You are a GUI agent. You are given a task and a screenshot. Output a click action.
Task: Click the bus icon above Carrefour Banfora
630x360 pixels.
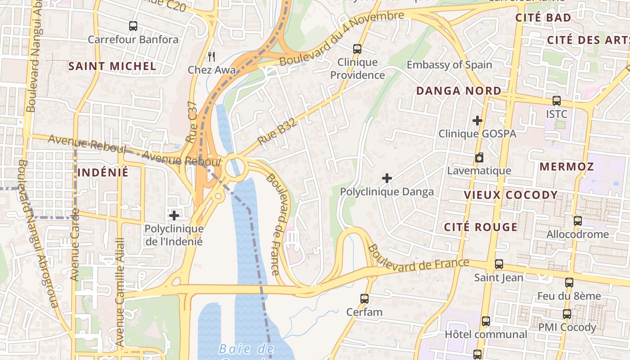[x=133, y=26]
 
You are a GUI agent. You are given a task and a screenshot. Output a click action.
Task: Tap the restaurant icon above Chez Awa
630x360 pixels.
[x=211, y=56]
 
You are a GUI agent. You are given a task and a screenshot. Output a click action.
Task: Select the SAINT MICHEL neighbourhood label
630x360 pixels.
[x=112, y=66]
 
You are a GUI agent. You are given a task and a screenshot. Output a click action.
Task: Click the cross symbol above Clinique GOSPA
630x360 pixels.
[x=477, y=121]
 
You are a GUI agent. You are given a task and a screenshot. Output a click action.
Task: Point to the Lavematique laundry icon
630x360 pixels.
[x=479, y=158]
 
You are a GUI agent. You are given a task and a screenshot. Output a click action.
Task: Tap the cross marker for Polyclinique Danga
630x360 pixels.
[x=387, y=179]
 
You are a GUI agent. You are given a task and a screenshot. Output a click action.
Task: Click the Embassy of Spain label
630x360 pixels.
[x=449, y=65]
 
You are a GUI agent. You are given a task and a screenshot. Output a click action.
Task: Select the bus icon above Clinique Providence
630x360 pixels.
[x=357, y=49]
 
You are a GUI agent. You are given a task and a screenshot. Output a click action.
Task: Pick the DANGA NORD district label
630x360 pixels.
[x=459, y=91]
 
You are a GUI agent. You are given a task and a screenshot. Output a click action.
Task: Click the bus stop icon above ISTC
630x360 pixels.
[x=557, y=101]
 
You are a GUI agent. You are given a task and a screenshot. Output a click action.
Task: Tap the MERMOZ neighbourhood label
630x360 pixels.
[x=567, y=167]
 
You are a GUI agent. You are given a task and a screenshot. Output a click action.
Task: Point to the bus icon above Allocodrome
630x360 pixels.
[x=578, y=221]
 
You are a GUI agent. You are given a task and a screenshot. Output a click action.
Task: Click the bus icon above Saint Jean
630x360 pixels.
[x=499, y=264]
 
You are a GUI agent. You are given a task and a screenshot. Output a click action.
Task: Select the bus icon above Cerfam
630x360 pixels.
[x=364, y=298]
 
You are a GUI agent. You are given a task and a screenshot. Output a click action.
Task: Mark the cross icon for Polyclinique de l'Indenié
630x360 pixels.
[x=174, y=216]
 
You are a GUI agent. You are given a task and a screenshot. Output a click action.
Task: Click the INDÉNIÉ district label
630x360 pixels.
[x=103, y=172]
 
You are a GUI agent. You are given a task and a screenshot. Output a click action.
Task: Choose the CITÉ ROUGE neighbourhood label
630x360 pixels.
[x=481, y=227]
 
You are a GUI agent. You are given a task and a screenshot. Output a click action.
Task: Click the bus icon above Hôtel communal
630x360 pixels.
[x=486, y=321]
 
